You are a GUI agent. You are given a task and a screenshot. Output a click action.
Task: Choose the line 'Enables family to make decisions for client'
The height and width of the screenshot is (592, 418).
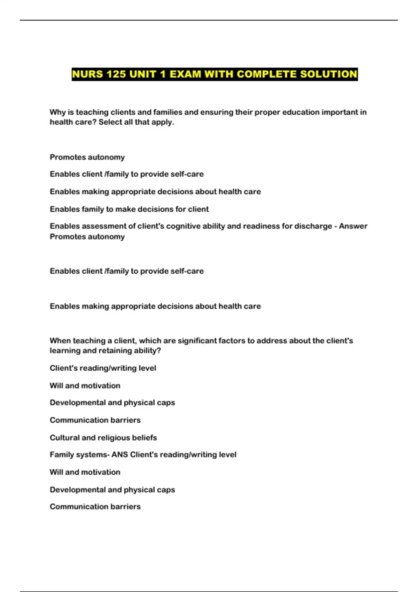point(129,209)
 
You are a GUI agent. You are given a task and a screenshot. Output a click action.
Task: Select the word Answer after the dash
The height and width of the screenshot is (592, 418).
point(353,226)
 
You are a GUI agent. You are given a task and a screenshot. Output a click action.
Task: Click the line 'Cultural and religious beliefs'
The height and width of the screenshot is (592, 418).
point(103,438)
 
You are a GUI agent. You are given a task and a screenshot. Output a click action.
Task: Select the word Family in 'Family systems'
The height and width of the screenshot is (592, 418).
point(61,455)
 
